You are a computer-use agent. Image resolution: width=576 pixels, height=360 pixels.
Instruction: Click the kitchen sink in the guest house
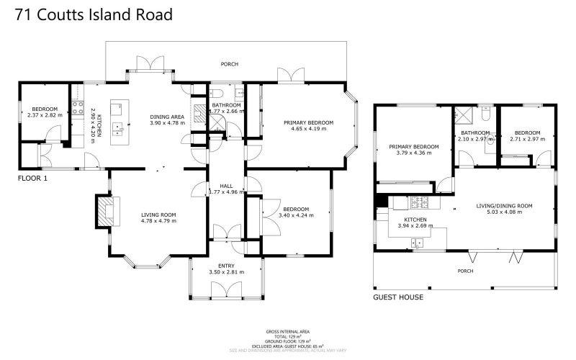pyautogui.click(x=417, y=243)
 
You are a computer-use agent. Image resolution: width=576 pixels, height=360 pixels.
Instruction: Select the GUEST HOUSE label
pyautogui.click(x=397, y=297)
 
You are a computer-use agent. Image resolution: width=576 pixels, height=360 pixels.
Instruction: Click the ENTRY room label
pyautogui.click(x=226, y=265)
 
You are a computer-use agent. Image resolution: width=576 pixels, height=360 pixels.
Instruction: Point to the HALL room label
pyautogui.click(x=225, y=186)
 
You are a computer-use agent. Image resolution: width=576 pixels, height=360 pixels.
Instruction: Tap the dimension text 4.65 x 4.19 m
pyautogui.click(x=308, y=130)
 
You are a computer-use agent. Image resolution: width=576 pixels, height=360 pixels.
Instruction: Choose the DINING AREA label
pyautogui.click(x=167, y=117)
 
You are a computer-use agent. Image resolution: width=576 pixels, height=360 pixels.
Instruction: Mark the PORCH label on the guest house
pyautogui.click(x=467, y=271)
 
